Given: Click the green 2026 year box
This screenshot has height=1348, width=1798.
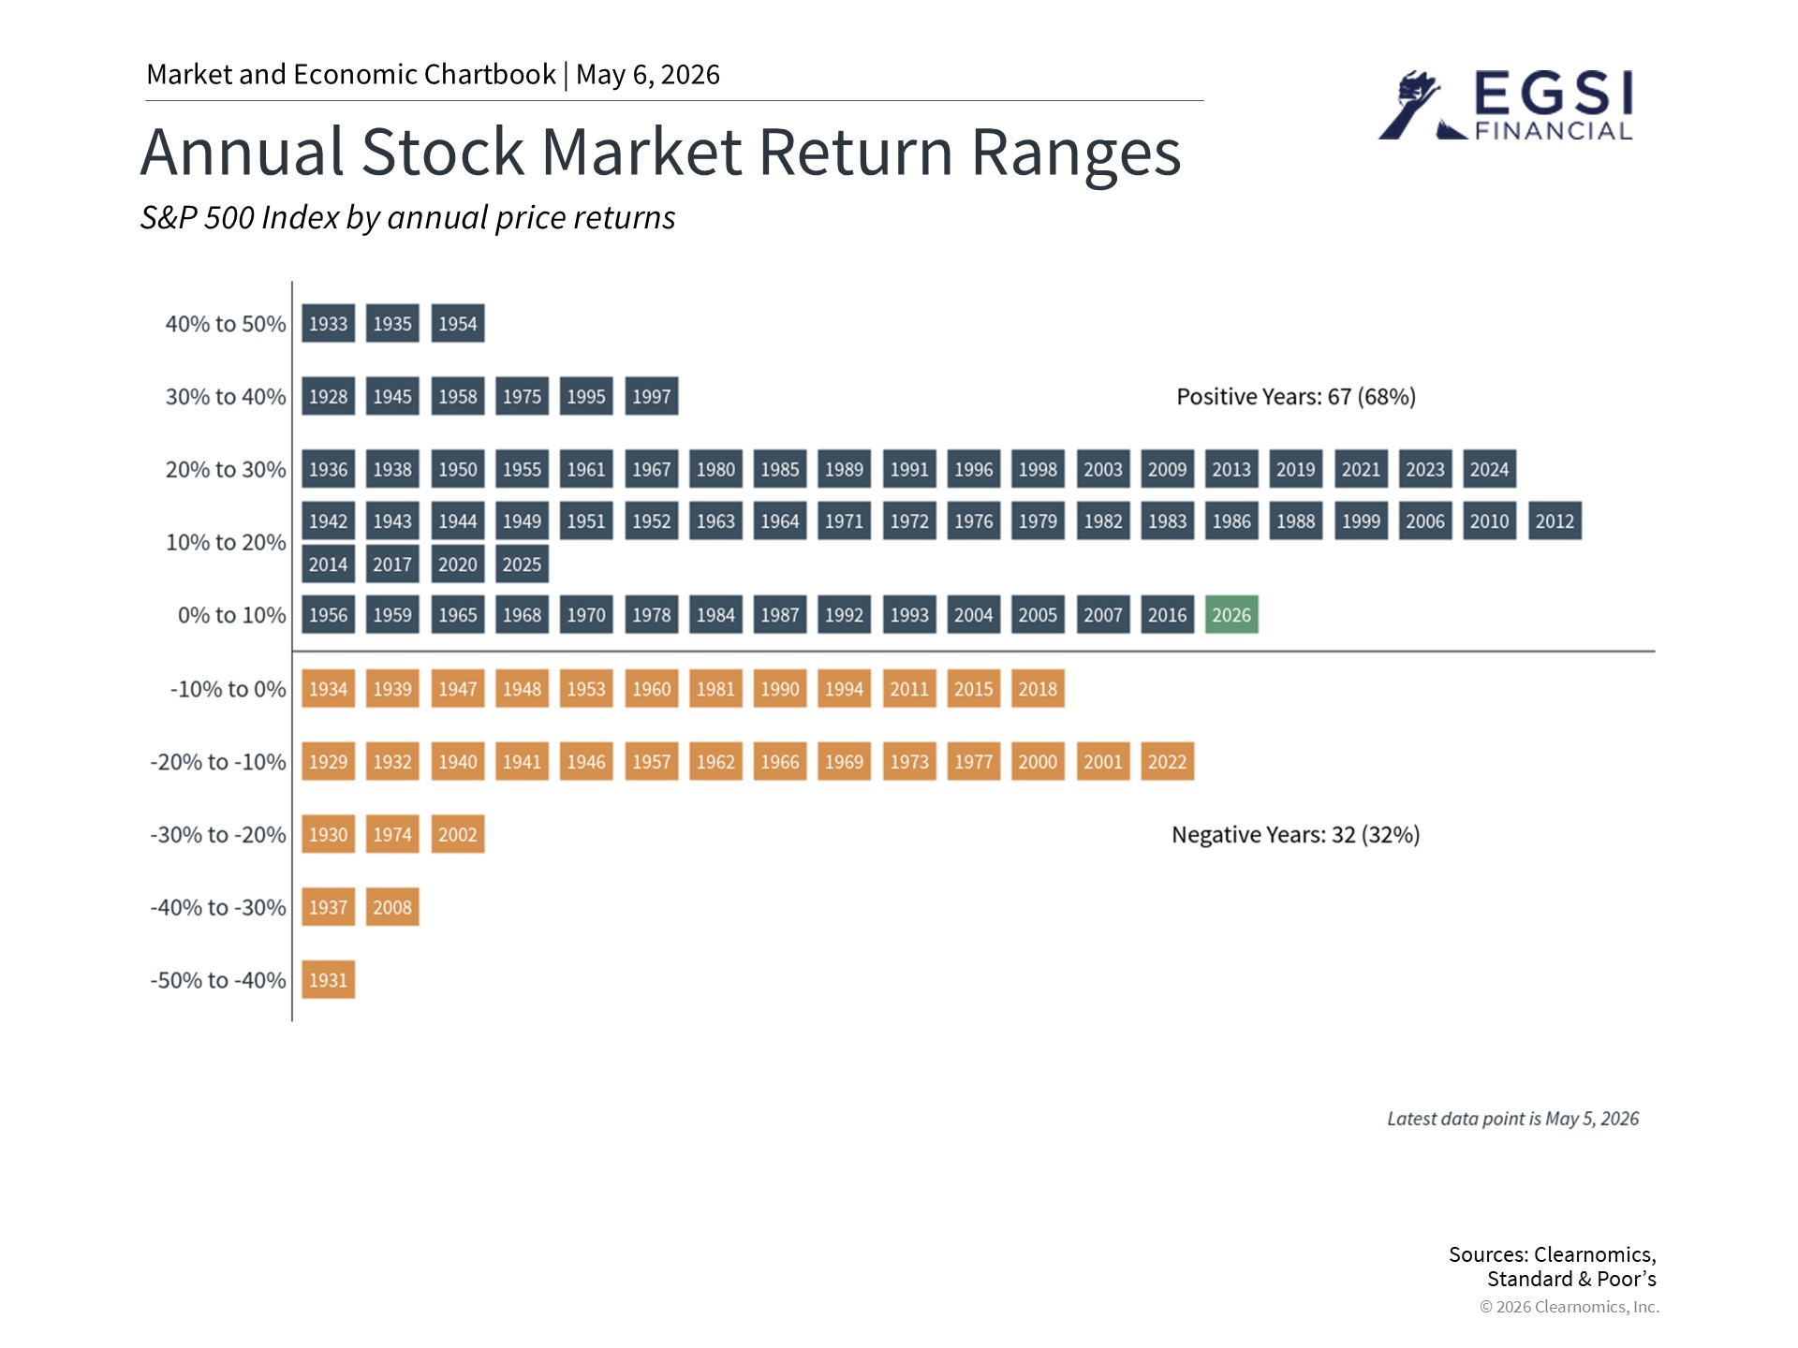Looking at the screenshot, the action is pyautogui.click(x=1231, y=615).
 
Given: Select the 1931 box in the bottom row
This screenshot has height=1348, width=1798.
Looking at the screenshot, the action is pyautogui.click(x=328, y=980).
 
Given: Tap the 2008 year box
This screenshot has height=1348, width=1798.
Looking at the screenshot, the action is pyautogui.click(x=392, y=907).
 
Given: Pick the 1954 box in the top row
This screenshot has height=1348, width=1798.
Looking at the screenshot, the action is pyautogui.click(x=458, y=324).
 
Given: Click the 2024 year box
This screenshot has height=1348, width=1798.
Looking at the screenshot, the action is pyautogui.click(x=1489, y=469).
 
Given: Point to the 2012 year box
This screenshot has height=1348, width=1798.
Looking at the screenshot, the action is pyautogui.click(x=1555, y=521).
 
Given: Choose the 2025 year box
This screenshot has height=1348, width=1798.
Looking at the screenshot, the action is pyautogui.click(x=522, y=564).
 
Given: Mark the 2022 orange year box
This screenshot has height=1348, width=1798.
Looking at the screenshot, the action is pyautogui.click(x=1167, y=762).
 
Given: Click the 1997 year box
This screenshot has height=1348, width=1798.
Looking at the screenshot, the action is pyautogui.click(x=651, y=396).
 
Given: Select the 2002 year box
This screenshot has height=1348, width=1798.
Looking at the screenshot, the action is pyautogui.click(x=458, y=834).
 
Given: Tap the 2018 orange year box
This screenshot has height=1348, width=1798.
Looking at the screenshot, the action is pyautogui.click(x=1038, y=689).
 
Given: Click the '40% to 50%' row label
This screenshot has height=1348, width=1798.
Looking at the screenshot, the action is pyautogui.click(x=226, y=324).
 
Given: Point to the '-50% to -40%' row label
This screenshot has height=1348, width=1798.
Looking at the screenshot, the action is pyautogui.click(x=218, y=980).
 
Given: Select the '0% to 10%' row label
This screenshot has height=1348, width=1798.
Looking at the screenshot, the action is pyautogui.click(x=232, y=615).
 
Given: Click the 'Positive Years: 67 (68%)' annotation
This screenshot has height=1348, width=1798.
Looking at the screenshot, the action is pyautogui.click(x=1296, y=397).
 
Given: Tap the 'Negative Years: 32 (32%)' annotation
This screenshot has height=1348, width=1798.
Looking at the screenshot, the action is pyautogui.click(x=1296, y=835).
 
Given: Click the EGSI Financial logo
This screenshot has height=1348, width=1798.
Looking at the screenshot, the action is pyautogui.click(x=1506, y=105).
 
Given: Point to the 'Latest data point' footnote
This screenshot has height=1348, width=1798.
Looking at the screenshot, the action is pyautogui.click(x=1513, y=1119).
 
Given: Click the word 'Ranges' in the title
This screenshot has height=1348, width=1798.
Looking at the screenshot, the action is pyautogui.click(x=1076, y=154).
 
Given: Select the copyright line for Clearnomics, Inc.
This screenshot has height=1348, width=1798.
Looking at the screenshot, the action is pyautogui.click(x=1570, y=1307).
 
